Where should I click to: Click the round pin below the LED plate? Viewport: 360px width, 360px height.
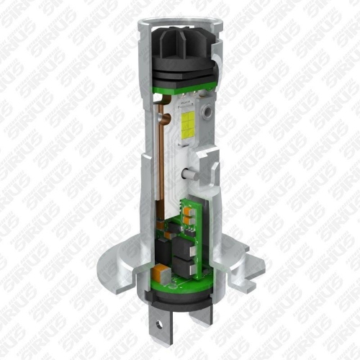(x=186, y=174)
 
